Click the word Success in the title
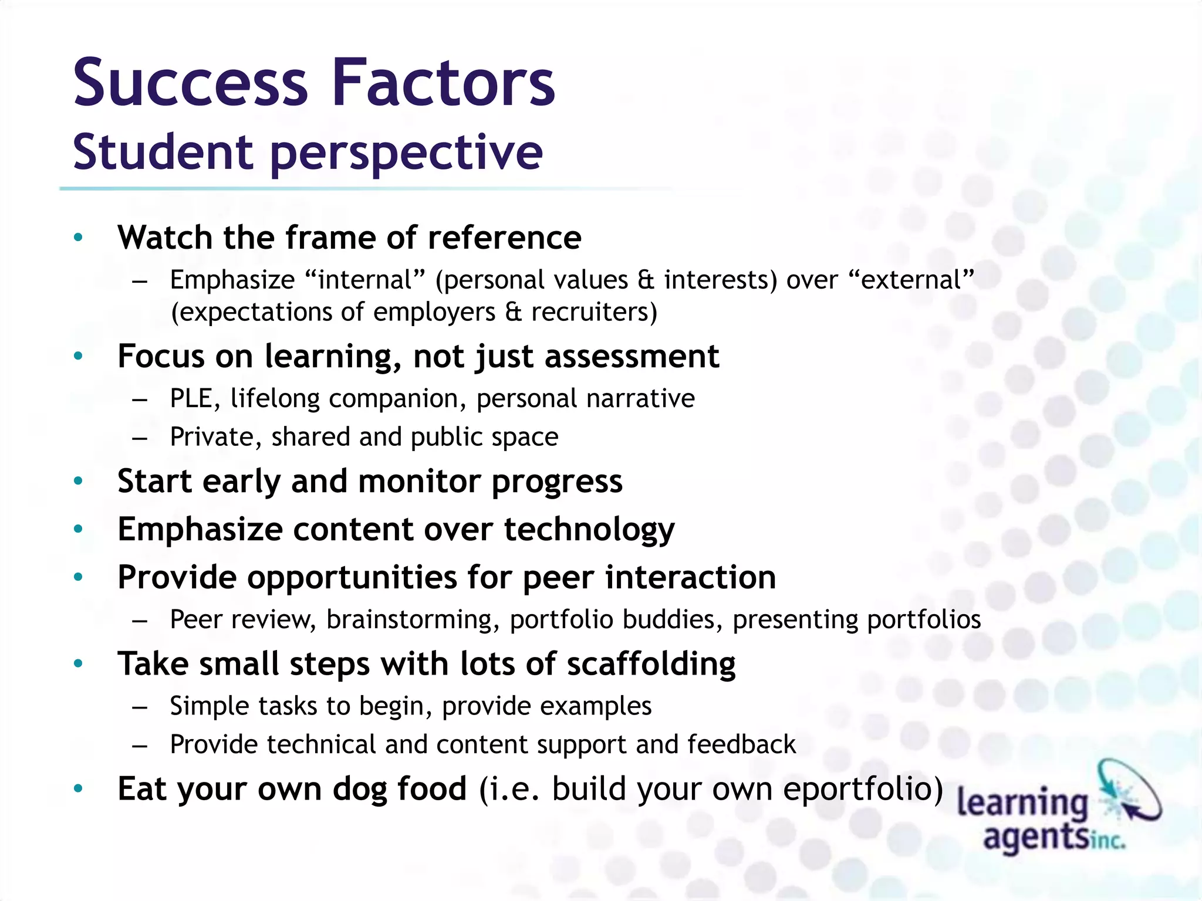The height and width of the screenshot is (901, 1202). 190,83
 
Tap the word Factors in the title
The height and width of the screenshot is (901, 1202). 443,83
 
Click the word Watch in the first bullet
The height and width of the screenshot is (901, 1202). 165,238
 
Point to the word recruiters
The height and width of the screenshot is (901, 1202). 593,312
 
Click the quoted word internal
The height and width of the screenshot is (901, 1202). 364,280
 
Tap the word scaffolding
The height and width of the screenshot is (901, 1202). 651,664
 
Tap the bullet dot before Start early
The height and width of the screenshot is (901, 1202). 78,482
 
